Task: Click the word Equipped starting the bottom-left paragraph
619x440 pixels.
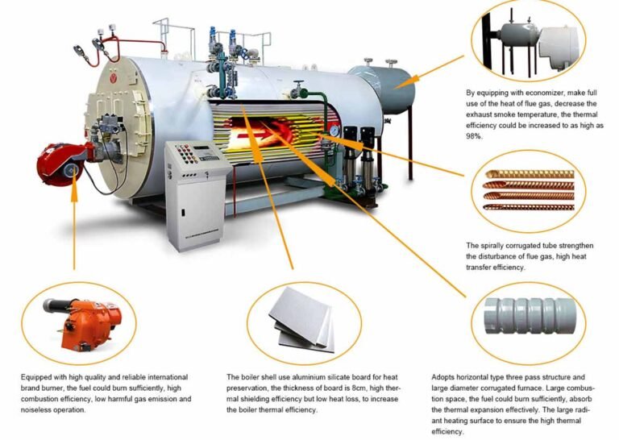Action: pyautogui.click(x=38, y=376)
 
